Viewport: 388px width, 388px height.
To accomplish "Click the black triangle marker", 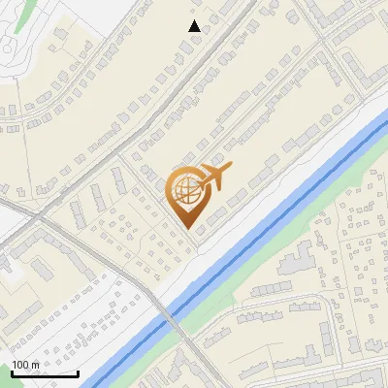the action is (x=195, y=26).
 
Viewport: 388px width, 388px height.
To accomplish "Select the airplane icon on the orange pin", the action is (x=215, y=176).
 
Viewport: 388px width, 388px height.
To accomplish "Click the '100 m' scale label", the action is (x=25, y=365).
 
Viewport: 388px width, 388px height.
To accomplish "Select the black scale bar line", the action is (x=45, y=373).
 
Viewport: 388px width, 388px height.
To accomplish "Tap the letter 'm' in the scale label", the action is (x=35, y=365).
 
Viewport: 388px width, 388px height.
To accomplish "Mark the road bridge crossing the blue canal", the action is (x=170, y=316).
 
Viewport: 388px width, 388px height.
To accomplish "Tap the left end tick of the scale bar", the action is (x=12, y=372).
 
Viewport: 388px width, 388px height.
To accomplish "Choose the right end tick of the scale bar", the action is (x=78, y=372).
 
